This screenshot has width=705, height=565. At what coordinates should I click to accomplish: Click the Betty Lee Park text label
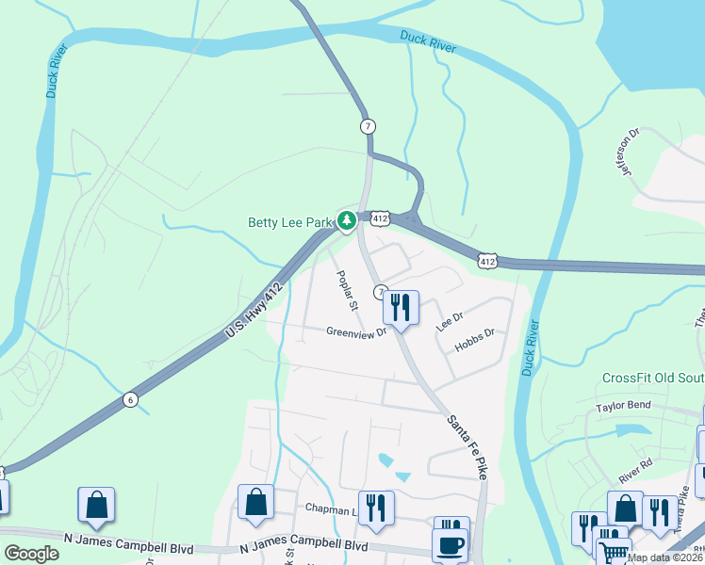pos(290,223)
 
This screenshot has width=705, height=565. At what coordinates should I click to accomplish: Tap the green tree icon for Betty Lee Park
pos(348,221)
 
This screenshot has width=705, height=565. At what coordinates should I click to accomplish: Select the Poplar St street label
pos(347,292)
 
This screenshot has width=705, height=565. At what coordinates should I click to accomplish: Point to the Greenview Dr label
pos(357,332)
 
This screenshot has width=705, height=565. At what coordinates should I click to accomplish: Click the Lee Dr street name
pos(450,319)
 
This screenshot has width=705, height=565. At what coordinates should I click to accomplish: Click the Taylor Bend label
pos(623,408)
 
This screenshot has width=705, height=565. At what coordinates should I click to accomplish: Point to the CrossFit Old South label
pos(653,378)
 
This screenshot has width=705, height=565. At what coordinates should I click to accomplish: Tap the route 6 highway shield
pos(130,400)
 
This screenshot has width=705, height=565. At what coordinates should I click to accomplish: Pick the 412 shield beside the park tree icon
pos(379,218)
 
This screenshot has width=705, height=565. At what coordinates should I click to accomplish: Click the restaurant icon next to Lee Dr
pos(401,307)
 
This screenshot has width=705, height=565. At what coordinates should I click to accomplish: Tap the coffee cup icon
pos(450,545)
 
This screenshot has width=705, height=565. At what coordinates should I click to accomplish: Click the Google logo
pos(31,554)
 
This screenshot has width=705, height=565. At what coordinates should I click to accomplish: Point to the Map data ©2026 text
pos(664,557)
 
